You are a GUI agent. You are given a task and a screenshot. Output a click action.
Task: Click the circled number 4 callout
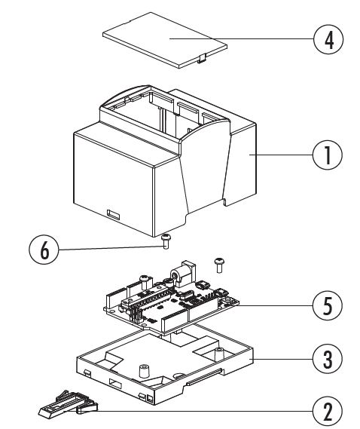pos(328,40)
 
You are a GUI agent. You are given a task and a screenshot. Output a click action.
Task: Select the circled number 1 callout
pos(327,155)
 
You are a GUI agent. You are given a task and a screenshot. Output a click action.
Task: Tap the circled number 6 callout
pos(44,250)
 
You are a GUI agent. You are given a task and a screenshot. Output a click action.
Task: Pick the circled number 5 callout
pos(327,305)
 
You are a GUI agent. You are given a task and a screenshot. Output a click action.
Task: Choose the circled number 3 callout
pos(327,359)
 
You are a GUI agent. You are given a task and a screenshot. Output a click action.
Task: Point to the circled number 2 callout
pos(327,411)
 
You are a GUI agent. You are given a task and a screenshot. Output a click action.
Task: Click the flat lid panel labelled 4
pos(165,40)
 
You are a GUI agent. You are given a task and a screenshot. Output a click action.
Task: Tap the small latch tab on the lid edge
pos(202,59)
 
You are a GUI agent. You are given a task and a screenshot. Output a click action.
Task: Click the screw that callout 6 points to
pos(165,241)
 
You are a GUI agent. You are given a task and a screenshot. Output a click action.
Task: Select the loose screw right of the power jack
pos(218,265)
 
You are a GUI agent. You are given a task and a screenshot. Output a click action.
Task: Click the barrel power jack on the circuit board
pos(182,274)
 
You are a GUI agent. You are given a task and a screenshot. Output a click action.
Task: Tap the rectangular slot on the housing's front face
pos(113,214)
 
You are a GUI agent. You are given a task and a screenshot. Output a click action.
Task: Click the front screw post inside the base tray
pos(144,371)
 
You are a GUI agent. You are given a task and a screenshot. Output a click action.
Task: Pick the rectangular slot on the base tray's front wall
pos(115,383)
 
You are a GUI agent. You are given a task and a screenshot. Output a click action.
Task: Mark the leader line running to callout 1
pos(281,155)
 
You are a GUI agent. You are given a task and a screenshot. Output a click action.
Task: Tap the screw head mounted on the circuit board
pos(145,279)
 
